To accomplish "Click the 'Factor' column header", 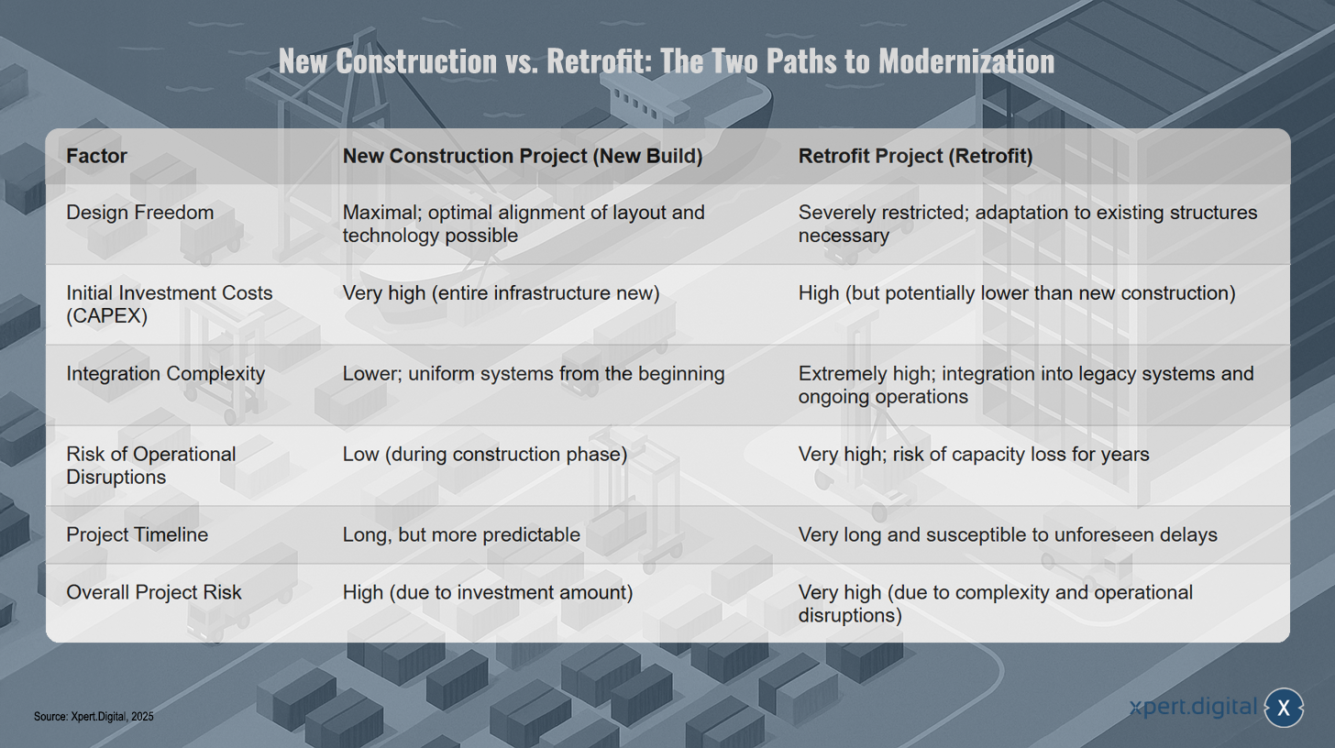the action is (96, 156).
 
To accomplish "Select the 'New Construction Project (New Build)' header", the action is (523, 156).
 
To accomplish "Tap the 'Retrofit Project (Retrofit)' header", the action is (915, 156).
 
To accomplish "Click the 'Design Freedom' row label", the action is (140, 213).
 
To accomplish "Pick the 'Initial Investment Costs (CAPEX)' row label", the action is (170, 304).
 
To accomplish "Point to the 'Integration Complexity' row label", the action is (166, 374).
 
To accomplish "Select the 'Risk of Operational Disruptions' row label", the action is (150, 466).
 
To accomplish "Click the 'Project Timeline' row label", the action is (138, 534).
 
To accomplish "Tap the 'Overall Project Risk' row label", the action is (154, 592).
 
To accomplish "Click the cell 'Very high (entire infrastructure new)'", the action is (502, 293).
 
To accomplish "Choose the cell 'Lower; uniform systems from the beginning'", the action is (534, 374).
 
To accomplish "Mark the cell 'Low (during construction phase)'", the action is (485, 454).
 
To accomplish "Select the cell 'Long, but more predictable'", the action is (461, 534).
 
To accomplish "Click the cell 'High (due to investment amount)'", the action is (488, 592).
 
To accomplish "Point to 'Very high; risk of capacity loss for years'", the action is (974, 454).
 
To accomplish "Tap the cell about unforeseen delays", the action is (1008, 534).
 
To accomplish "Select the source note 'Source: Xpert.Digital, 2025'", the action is (94, 717).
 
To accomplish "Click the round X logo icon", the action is (1284, 708).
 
